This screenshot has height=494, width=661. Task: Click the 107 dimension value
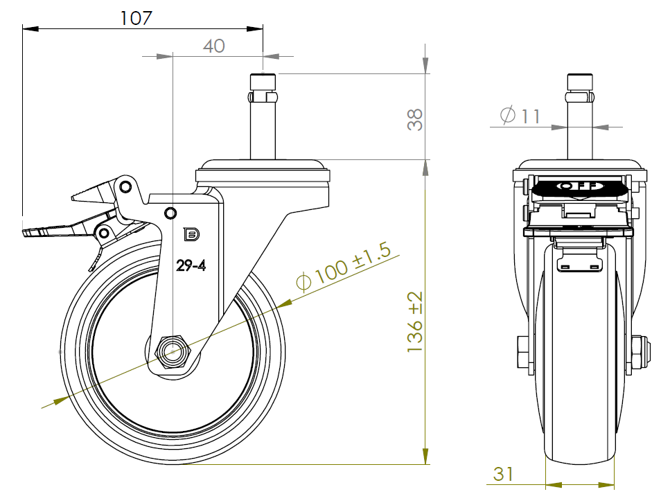pos(136,18)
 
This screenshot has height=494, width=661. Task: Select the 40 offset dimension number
pos(213,46)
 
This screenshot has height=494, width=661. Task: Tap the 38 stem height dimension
pos(415,120)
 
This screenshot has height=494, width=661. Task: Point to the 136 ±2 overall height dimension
pos(415,321)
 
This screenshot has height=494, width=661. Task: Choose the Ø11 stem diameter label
pos(520,115)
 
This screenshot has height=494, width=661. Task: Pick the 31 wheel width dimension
pos(503,474)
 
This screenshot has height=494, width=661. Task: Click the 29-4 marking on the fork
pos(191,265)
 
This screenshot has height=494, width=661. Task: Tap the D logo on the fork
pos(191,234)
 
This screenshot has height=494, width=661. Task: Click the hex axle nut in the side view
pos(173,351)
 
